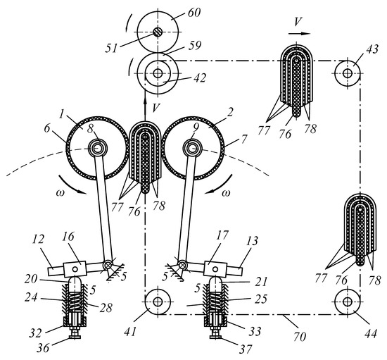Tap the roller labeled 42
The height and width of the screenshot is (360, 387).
point(158,72)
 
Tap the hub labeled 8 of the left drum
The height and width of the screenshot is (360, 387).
point(97,149)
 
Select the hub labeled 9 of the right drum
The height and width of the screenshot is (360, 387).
point(192,148)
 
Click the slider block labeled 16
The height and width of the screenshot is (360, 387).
point(72,268)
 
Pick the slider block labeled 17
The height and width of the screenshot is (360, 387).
point(213,268)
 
